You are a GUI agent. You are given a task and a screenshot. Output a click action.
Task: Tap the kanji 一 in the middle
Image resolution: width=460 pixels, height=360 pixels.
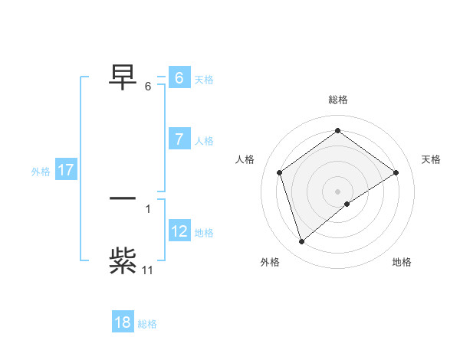point(123,198)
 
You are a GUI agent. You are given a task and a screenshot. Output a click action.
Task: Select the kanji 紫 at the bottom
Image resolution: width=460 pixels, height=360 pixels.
point(123,261)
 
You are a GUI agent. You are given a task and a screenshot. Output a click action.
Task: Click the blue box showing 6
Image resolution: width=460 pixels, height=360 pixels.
point(179,78)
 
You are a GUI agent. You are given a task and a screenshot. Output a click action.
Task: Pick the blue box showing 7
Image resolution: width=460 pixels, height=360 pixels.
point(179,139)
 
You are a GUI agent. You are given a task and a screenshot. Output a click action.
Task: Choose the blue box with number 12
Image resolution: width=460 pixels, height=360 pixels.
point(179,231)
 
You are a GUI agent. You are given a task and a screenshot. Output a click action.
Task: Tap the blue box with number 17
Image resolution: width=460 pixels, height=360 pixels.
point(66,170)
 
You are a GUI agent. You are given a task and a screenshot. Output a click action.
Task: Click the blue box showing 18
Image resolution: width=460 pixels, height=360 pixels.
point(123,322)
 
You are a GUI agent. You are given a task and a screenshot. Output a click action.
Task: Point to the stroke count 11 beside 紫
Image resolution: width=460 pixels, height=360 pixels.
point(148,270)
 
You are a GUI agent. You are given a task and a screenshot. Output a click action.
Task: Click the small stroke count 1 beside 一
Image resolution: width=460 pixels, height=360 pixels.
point(148,208)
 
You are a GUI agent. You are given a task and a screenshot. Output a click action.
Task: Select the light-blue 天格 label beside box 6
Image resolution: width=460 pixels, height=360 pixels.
point(204,79)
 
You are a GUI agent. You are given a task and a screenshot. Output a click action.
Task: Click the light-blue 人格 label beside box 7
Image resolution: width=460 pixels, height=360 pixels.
point(204,140)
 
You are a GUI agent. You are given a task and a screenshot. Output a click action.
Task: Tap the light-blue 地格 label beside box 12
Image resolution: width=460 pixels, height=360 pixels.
point(204,232)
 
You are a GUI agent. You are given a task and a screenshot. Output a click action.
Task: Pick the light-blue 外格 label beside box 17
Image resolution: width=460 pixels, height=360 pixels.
point(41,172)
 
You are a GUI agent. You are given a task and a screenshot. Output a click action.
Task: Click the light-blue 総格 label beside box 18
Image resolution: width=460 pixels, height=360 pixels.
point(147,324)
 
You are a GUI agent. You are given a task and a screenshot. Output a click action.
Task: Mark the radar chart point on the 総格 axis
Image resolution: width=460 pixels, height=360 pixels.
point(337,131)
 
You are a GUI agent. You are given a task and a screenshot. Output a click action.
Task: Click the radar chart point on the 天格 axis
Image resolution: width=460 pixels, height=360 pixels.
point(396,172)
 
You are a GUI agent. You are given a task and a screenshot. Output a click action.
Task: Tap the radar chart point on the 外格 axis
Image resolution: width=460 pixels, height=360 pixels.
point(301,242)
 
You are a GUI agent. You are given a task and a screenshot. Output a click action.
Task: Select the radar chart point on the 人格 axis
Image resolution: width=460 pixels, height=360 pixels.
point(280,172)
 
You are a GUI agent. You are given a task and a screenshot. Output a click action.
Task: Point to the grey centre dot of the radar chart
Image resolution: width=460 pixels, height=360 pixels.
point(337,191)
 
